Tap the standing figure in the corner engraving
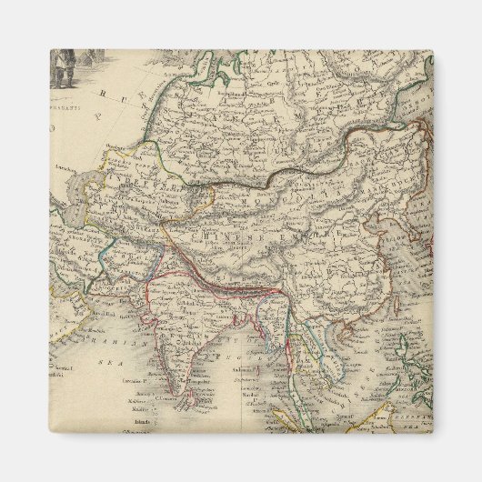pyautogui.click(x=62, y=70)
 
